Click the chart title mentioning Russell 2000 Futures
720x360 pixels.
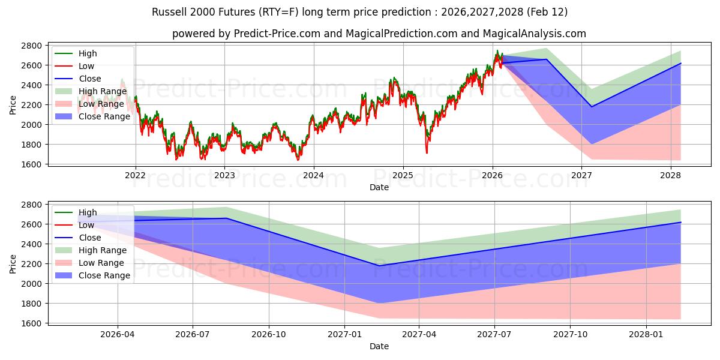pos(360,12)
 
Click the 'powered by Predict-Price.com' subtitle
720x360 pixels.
pos(379,34)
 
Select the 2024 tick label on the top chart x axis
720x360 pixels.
pos(313,176)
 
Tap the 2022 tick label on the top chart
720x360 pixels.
pos(135,176)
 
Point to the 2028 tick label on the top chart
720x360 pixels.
pos(670,176)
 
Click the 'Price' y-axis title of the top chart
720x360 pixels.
pos(13,105)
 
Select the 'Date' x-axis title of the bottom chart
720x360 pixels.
pos(379,346)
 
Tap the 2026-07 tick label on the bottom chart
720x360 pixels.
pos(193,335)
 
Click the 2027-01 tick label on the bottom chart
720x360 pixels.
pos(345,335)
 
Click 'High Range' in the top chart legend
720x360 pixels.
pos(103,91)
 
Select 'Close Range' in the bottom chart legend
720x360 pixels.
pos(104,275)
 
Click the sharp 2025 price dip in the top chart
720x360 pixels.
pos(427,152)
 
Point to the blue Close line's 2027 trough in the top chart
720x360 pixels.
pos(592,107)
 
